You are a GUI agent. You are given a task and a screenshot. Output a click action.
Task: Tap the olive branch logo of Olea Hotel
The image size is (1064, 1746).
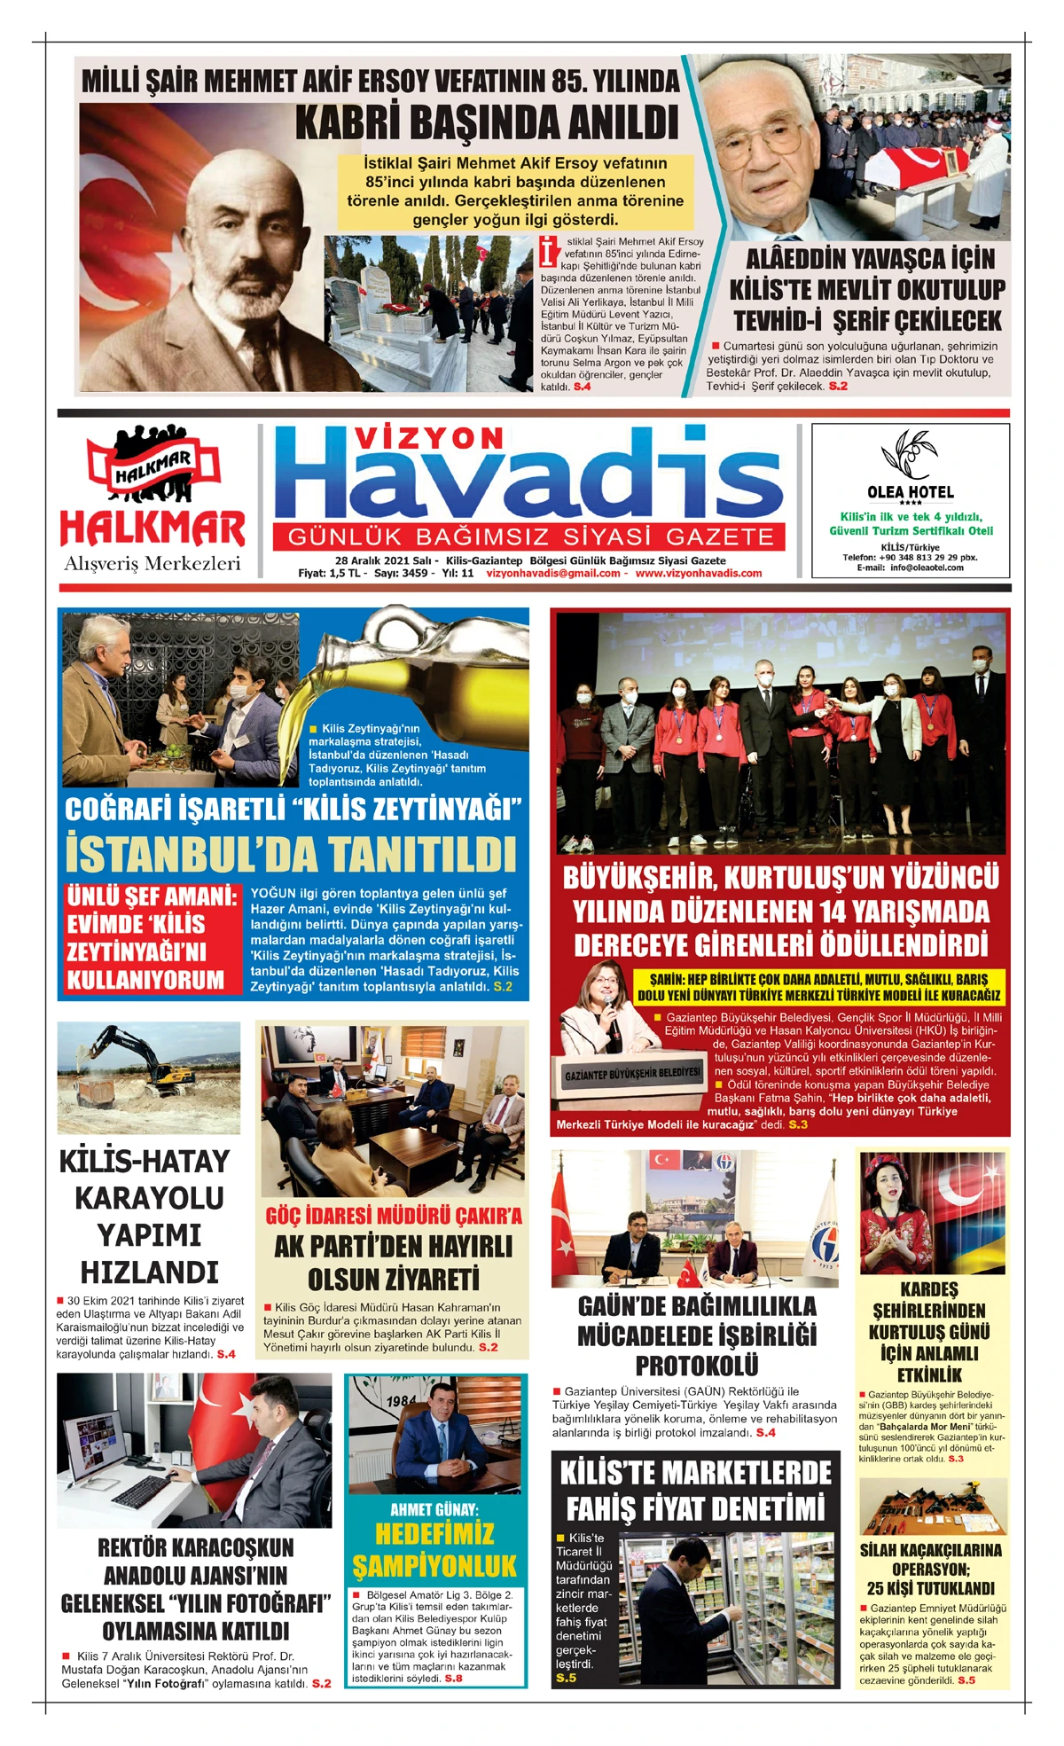pos(909,454)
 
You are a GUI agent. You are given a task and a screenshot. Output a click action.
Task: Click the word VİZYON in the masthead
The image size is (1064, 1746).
pos(429,438)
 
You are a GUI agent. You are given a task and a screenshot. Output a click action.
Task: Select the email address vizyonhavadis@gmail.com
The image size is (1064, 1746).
pos(553,573)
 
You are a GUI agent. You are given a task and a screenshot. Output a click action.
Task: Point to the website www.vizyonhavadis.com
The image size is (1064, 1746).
pos(699,573)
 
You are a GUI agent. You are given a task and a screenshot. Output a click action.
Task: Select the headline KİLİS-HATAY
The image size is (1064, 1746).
pos(145,1162)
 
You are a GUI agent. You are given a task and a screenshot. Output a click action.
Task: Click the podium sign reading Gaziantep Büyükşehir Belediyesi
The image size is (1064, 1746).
pos(632,1073)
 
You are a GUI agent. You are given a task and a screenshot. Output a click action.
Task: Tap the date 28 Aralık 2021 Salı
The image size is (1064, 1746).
pos(383,560)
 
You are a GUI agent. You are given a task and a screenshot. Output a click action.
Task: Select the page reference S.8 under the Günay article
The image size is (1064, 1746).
pos(453,1678)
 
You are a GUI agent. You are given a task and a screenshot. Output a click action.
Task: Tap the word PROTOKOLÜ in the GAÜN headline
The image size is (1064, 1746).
pos(696,1365)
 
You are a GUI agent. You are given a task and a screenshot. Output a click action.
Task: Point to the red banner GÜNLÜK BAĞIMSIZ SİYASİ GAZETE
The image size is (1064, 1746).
pos(530,537)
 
